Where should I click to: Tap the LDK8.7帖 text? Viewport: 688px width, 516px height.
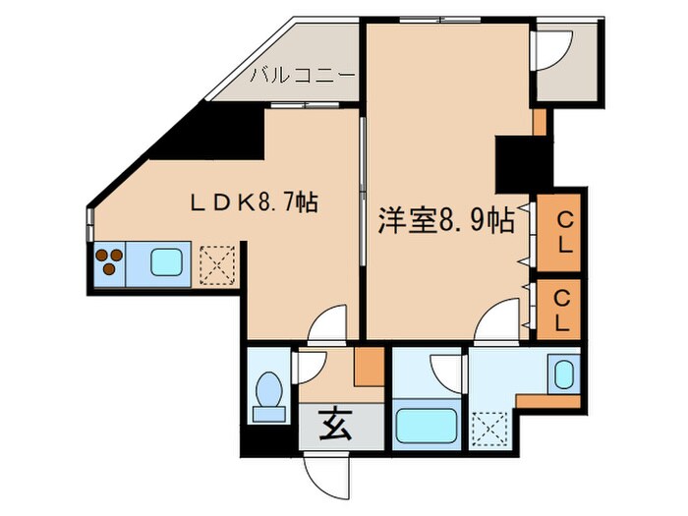[x=253, y=203]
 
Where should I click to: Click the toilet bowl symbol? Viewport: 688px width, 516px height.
[x=268, y=395]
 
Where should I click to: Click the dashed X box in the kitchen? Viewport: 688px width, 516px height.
[x=217, y=263]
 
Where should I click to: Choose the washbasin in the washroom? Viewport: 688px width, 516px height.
[x=563, y=375]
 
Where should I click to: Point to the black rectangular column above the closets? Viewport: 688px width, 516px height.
[x=514, y=165]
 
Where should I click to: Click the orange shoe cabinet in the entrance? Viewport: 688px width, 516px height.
[x=369, y=367]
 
